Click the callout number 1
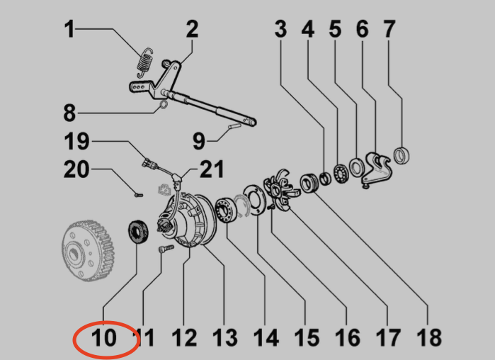69,29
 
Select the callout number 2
192,29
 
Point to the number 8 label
69,113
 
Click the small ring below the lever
163,105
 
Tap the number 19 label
76,141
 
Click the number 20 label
76,169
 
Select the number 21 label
212,169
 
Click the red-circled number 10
104,338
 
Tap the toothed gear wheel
88,251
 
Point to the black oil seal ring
138,232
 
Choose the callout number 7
389,29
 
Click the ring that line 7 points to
402,157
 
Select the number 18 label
429,337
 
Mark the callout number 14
266,338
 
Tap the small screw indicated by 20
139,195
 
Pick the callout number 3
280,29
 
